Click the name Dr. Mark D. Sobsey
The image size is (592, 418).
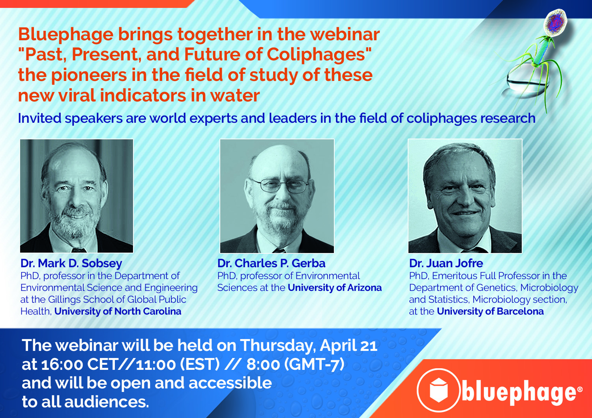71,263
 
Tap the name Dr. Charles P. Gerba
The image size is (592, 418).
271,263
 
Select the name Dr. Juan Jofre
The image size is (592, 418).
446,263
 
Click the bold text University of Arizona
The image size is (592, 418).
335,288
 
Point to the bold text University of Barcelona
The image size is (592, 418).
490,311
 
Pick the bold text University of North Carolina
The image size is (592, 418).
118,311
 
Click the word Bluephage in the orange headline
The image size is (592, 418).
66,35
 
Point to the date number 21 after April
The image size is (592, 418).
369,346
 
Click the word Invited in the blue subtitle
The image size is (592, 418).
39,118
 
